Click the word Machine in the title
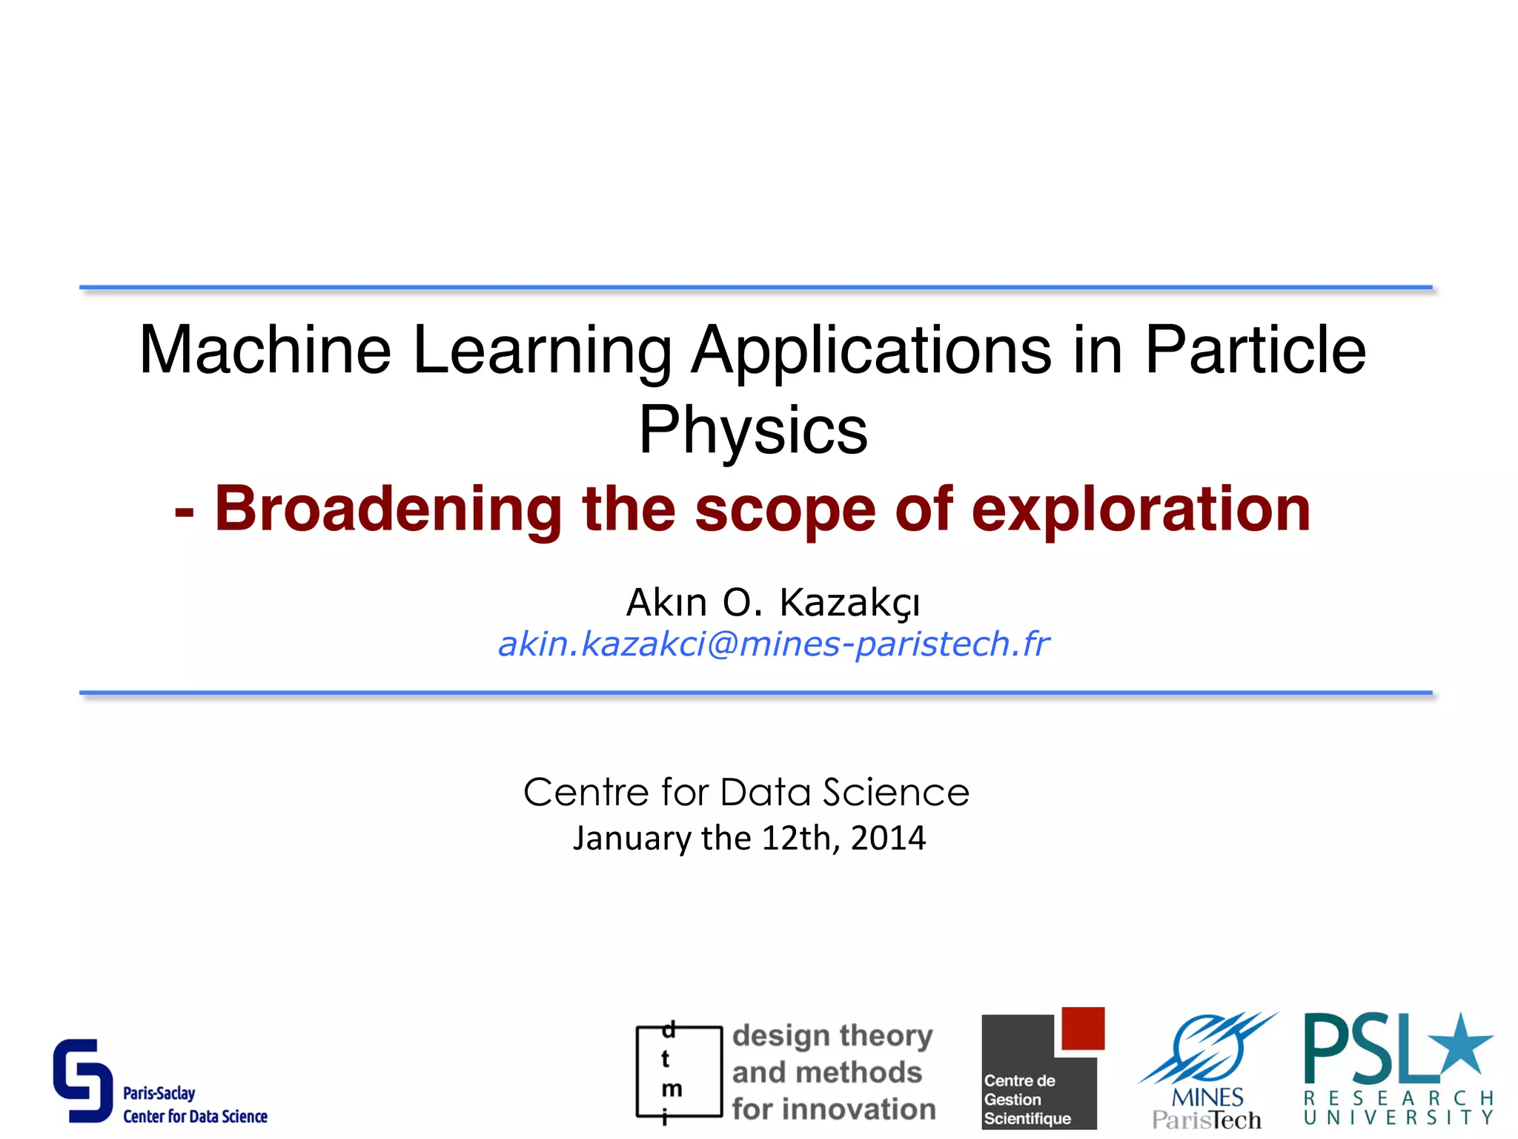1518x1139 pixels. [x=265, y=350]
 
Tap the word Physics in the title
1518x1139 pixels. [x=752, y=430]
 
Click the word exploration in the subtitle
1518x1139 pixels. [x=1141, y=509]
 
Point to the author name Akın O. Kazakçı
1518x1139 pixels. [x=773, y=602]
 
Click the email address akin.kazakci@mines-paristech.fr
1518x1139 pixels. [x=773, y=644]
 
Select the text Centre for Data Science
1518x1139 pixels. [x=746, y=792]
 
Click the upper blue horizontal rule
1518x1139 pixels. [x=756, y=287]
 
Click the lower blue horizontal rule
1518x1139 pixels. [x=756, y=693]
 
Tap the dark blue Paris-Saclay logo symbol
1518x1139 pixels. [x=82, y=1080]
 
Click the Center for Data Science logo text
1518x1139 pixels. [x=195, y=1117]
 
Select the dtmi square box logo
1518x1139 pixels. [x=678, y=1072]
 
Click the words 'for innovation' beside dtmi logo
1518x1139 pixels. [x=834, y=1109]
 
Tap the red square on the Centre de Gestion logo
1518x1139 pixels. [x=1083, y=1029]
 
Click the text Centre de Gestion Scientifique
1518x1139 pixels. [x=1027, y=1100]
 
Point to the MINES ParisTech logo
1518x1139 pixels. [x=1207, y=1072]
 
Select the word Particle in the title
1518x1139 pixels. [x=1255, y=350]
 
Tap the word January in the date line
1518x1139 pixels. [x=632, y=839]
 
